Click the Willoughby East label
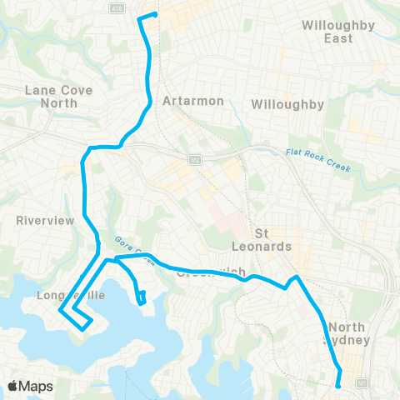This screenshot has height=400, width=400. click(x=339, y=32)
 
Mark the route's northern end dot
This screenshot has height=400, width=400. click(x=155, y=14)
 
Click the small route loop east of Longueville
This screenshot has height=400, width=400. click(x=142, y=296)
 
